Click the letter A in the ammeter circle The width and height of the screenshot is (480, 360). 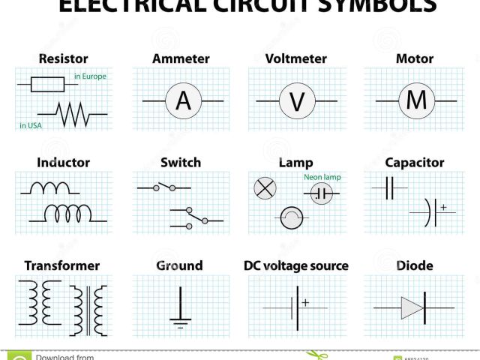tap(183, 100)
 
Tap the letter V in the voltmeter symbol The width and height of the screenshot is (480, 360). tap(297, 100)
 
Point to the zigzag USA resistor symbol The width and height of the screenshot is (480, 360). tap(71, 115)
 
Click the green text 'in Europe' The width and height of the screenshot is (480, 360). tap(89, 76)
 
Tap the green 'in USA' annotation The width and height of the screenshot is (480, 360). tap(31, 125)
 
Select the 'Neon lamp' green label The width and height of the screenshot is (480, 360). tap(322, 177)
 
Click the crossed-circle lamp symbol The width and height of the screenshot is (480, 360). tap(265, 188)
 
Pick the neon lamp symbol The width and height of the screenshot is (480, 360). tap(322, 193)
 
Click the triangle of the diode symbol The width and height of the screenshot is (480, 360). tap(412, 307)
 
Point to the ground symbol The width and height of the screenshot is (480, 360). tap(180, 310)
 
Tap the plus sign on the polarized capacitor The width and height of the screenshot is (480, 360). tap(443, 207)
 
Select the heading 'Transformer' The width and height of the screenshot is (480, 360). tap(61, 265)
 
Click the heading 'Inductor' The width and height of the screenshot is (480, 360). tap(63, 162)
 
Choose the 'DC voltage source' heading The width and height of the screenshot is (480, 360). tap(296, 265)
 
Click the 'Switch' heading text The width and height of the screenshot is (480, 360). tap(180, 162)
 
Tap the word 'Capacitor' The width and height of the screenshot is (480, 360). tap(414, 162)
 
